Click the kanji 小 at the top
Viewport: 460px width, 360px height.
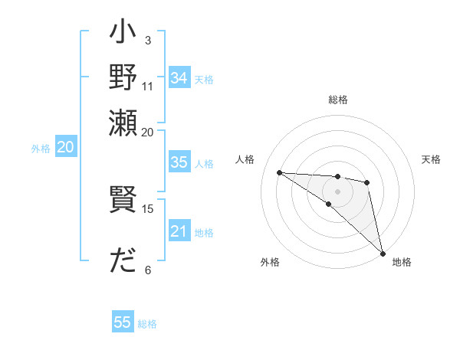(x=123, y=35)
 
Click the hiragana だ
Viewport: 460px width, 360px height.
(x=123, y=261)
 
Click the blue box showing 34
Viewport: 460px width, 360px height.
(x=179, y=78)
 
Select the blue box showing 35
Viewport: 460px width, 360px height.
(x=179, y=162)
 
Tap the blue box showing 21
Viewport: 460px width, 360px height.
(x=179, y=232)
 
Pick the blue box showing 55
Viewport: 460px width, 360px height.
(x=123, y=322)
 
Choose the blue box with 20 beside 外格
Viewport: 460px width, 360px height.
(x=65, y=148)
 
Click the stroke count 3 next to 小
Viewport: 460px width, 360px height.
(x=148, y=40)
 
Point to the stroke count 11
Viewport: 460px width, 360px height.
(x=148, y=85)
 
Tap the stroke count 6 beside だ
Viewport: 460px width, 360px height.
(x=148, y=270)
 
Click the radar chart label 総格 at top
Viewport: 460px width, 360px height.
(x=337, y=100)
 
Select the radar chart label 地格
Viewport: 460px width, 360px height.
(x=402, y=262)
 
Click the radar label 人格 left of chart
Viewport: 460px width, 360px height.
(x=245, y=159)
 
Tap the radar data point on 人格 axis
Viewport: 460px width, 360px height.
(x=280, y=172)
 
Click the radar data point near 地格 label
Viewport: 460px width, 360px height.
(x=382, y=253)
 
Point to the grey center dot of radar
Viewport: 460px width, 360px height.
(x=337, y=191)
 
